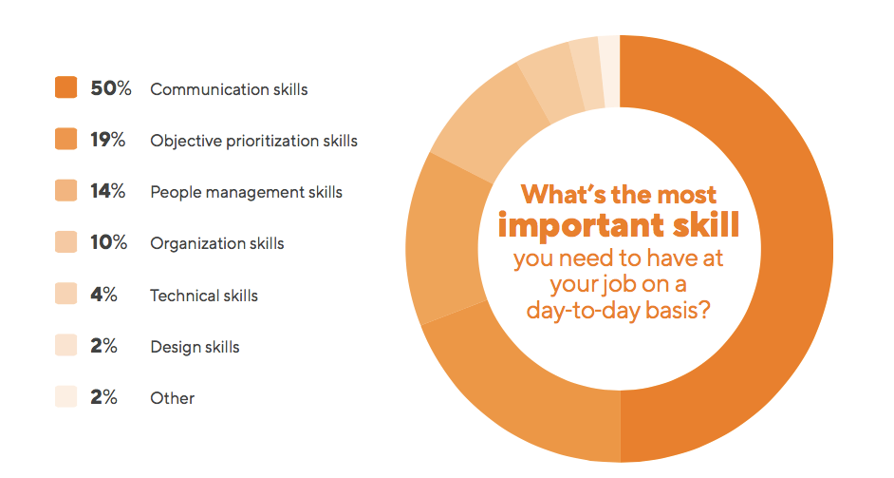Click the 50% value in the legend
[110, 88]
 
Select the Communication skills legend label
[229, 89]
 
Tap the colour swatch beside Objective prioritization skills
[65, 140]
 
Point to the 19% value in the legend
[109, 140]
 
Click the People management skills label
[246, 192]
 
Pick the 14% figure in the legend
[109, 191]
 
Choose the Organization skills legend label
[216, 243]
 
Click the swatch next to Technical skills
[65, 295]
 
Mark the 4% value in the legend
[104, 295]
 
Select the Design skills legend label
[195, 347]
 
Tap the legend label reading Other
[172, 398]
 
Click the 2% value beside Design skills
[104, 346]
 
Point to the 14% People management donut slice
[441, 238]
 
